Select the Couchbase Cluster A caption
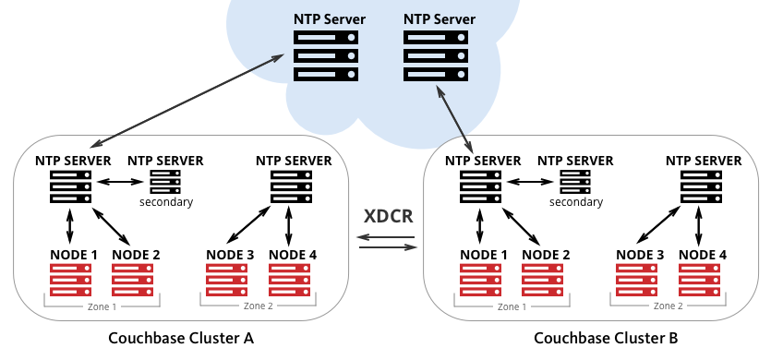pyautogui.click(x=181, y=338)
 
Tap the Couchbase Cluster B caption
pyautogui.click(x=606, y=338)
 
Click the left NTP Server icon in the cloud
pyautogui.click(x=326, y=54)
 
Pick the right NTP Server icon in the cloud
pyautogui.click(x=435, y=54)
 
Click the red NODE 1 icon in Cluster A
pyautogui.click(x=71, y=281)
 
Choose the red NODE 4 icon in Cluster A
pyautogui.click(x=291, y=281)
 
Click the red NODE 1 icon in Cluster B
pyautogui.click(x=481, y=281)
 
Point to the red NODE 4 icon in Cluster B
pyautogui.click(x=701, y=281)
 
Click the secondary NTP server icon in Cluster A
pyautogui.click(x=165, y=181)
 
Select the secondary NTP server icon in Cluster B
pyautogui.click(x=575, y=181)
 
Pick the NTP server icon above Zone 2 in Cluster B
pyautogui.click(x=702, y=186)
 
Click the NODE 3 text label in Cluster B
pyautogui.click(x=640, y=254)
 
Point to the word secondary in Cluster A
pyautogui.click(x=166, y=201)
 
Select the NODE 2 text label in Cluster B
pyautogui.click(x=546, y=254)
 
